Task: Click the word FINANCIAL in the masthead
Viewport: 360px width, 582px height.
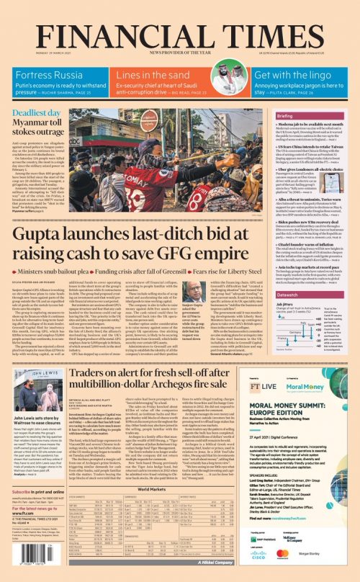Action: pos(122,19)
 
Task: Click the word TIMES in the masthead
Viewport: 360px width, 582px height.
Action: pos(276,19)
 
